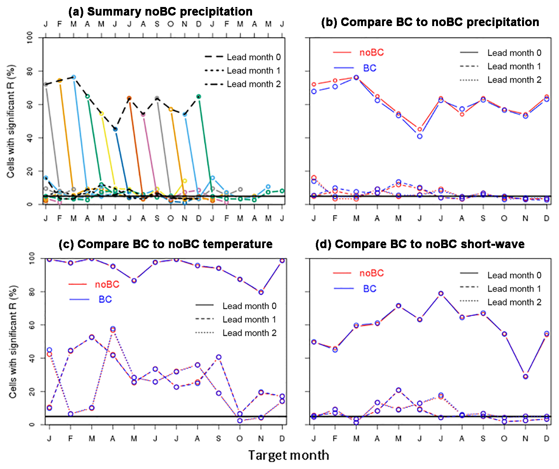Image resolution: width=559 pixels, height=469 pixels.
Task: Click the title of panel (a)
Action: tap(160, 12)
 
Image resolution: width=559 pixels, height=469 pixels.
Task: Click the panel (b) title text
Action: tap(430, 22)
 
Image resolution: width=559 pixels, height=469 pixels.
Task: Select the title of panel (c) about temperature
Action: tap(165, 244)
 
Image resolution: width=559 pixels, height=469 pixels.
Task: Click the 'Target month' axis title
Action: tap(289, 455)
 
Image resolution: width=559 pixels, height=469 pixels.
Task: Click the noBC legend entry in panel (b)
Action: tap(371, 52)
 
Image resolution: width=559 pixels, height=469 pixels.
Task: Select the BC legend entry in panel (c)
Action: tap(105, 299)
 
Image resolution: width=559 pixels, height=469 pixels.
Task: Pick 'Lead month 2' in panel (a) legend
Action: tap(254, 84)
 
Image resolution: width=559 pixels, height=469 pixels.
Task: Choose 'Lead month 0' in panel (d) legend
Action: tap(514, 275)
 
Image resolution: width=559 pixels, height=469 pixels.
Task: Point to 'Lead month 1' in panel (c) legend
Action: tap(249, 319)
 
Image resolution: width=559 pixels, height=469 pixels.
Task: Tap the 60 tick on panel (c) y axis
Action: tap(32, 325)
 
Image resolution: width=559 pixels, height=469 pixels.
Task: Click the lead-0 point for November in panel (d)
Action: tap(526, 376)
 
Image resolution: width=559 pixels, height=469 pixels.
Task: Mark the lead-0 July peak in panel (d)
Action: tap(441, 294)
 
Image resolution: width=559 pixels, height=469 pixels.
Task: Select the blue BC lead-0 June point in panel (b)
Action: tap(420, 136)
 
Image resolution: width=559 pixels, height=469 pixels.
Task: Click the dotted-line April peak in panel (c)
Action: tap(113, 329)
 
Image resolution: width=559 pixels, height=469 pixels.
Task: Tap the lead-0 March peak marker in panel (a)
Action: tap(74, 77)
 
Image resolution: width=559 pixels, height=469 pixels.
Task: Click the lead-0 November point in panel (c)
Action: tap(261, 292)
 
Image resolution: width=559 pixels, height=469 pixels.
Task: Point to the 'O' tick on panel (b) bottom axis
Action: tap(504, 219)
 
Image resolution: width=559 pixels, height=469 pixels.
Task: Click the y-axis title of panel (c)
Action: tap(13, 341)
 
